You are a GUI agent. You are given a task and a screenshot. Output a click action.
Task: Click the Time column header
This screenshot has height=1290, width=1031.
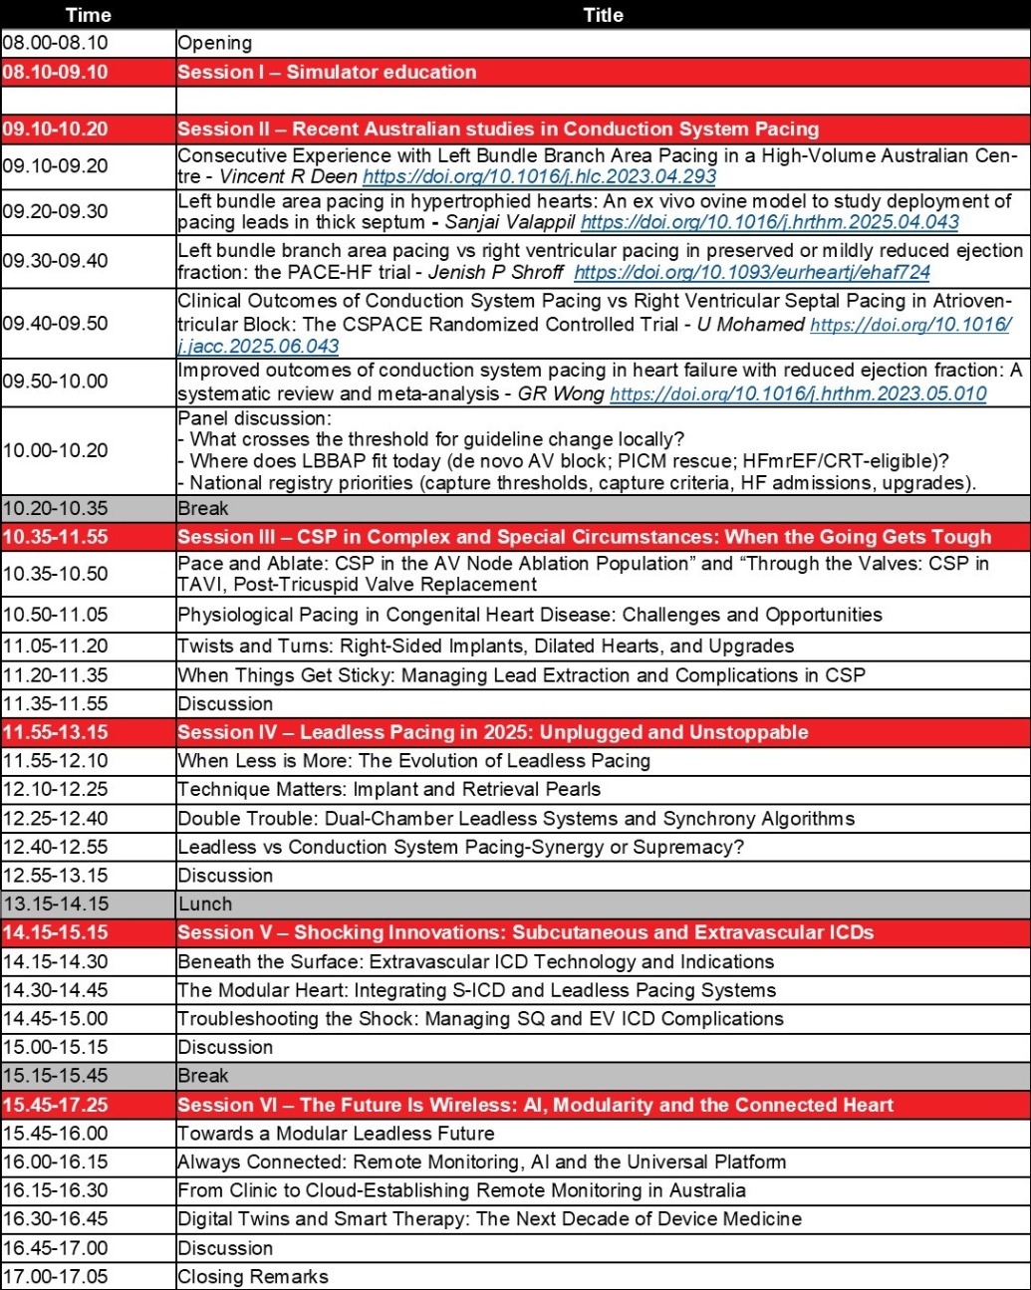click(88, 14)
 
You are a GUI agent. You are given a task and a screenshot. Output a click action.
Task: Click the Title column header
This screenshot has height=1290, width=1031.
click(603, 14)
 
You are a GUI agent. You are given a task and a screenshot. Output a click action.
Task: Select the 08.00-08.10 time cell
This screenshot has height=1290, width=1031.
click(56, 43)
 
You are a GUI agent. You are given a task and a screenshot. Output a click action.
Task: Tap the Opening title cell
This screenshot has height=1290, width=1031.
click(215, 43)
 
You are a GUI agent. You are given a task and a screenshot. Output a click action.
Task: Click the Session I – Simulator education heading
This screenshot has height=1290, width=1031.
click(327, 72)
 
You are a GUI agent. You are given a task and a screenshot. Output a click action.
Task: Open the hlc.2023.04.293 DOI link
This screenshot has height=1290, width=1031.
click(539, 177)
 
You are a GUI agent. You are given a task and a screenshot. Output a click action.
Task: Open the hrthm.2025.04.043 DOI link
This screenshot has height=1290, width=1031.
click(769, 222)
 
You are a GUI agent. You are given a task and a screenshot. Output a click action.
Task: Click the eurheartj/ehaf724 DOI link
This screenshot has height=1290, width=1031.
click(752, 272)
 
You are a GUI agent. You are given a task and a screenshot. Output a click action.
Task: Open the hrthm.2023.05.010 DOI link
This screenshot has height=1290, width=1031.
click(798, 393)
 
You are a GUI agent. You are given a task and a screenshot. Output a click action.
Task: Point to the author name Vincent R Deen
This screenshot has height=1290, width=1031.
click(288, 177)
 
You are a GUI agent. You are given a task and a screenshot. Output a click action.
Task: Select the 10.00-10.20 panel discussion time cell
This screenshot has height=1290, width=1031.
click(56, 450)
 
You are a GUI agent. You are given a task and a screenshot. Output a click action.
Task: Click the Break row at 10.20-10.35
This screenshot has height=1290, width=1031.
click(203, 508)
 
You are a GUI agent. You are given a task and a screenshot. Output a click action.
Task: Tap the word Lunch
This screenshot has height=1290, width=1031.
click(205, 903)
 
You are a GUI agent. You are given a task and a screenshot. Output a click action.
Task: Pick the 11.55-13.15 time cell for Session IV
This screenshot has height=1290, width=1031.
click(56, 732)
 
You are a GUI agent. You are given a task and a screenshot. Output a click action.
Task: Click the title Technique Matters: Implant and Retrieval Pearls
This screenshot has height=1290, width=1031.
click(389, 789)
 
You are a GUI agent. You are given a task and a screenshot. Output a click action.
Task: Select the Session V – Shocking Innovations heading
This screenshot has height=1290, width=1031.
click(525, 932)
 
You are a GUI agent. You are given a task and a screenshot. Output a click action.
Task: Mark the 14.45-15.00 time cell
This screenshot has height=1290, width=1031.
click(56, 1018)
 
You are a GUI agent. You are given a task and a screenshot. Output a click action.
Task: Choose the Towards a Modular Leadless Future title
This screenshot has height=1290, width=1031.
click(336, 1133)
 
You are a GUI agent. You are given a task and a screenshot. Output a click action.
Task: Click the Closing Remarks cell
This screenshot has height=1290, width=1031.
click(253, 1276)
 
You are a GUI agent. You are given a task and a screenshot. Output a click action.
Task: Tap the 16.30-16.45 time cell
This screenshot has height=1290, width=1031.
click(56, 1218)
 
